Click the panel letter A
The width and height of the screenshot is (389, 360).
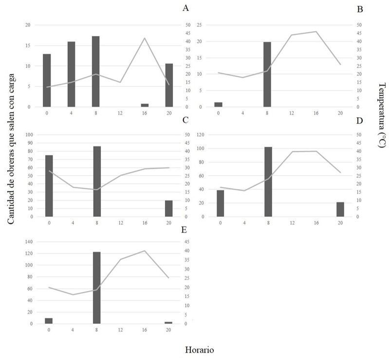pos(185,8)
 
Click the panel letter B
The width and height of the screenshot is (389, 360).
pos(360,9)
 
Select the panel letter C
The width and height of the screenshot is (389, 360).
pos(185,119)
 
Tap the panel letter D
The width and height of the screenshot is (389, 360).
pos(360,120)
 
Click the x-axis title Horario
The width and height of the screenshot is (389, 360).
pos(199,349)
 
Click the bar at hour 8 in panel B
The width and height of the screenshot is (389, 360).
pos(267,74)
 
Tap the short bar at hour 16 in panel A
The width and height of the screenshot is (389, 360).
pos(145,105)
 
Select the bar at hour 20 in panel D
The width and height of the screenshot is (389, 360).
pos(340,210)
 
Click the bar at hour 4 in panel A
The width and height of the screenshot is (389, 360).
pos(71,74)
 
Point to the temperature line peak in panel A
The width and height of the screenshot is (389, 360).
pos(145,38)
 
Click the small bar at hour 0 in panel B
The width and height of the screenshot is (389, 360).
pos(218,105)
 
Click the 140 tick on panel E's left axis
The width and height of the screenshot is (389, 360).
pos(35,242)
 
